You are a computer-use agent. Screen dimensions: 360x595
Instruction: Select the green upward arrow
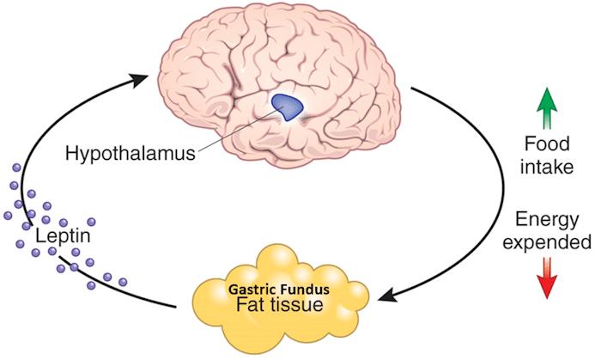tap(546, 108)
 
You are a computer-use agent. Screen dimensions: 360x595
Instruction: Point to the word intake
tap(547, 167)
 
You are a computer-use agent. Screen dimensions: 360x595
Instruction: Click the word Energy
tap(546, 218)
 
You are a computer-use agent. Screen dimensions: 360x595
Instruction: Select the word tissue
tap(307, 306)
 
